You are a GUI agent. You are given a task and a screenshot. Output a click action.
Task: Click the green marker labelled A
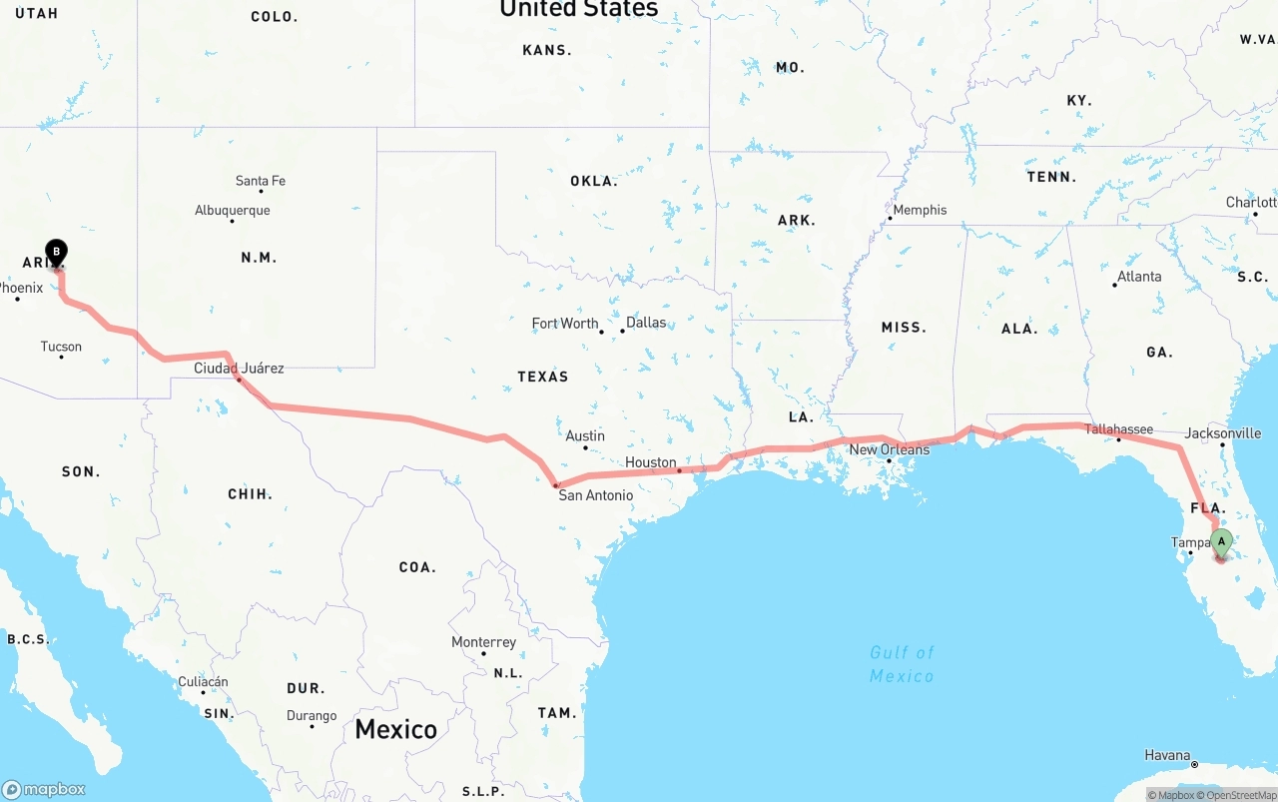click(x=1221, y=542)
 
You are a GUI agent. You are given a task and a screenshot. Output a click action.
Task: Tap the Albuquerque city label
click(x=233, y=211)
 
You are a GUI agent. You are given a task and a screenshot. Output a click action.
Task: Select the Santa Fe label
click(x=261, y=181)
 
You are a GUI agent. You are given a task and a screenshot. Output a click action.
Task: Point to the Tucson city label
click(x=61, y=347)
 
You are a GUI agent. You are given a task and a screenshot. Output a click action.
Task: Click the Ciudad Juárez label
click(x=239, y=369)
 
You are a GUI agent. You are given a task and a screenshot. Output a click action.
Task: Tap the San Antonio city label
click(x=595, y=495)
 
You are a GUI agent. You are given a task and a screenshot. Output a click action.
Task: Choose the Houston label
click(x=651, y=462)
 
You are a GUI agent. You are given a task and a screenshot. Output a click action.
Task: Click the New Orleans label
click(x=889, y=449)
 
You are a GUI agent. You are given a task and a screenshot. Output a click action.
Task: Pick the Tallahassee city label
click(x=1118, y=429)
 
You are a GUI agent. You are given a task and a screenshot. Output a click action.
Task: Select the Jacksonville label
click(x=1222, y=433)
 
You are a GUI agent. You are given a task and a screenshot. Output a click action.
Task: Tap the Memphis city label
click(x=920, y=210)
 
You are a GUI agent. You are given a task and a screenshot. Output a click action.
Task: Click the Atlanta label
click(x=1139, y=277)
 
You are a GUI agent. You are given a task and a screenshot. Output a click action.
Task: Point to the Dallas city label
click(x=646, y=323)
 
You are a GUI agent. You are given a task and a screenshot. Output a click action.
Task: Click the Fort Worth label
click(x=565, y=324)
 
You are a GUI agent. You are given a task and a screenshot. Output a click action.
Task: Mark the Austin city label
click(x=585, y=435)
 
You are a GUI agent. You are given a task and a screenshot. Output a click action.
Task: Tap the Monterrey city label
click(x=484, y=642)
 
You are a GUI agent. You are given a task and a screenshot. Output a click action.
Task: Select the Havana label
click(x=1167, y=755)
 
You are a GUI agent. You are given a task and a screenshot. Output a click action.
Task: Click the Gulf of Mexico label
click(x=902, y=664)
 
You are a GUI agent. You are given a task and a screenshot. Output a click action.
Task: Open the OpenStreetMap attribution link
click(x=1241, y=795)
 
